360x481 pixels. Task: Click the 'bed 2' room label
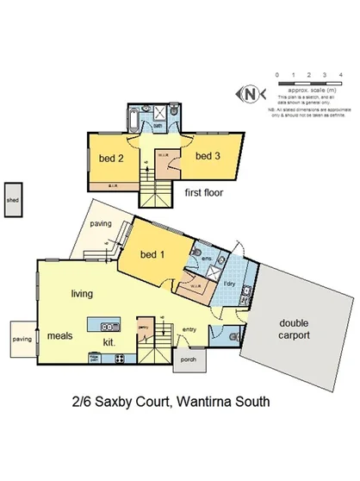109,159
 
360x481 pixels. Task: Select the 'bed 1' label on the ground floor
152,255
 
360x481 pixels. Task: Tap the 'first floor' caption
203,193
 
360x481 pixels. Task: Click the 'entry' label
189,328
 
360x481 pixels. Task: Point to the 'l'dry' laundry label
230,284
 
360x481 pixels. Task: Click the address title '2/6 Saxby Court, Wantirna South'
171,401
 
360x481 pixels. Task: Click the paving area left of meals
21,340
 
